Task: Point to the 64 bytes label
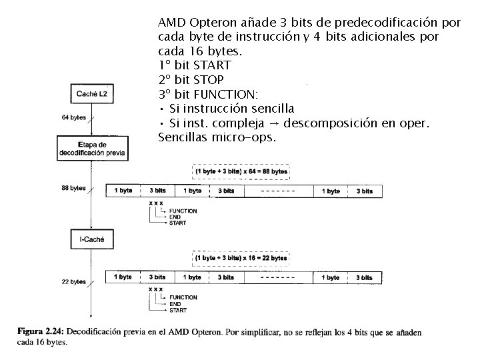click(73, 118)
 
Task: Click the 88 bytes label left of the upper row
click(73, 189)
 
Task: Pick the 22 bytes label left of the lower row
click(73, 281)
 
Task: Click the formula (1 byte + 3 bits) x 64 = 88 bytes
click(241, 171)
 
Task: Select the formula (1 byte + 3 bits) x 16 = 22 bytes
click(241, 257)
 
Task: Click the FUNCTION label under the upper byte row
click(183, 211)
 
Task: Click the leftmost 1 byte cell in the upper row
click(124, 191)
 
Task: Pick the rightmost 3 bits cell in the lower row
click(364, 277)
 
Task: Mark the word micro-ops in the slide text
click(247, 138)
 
